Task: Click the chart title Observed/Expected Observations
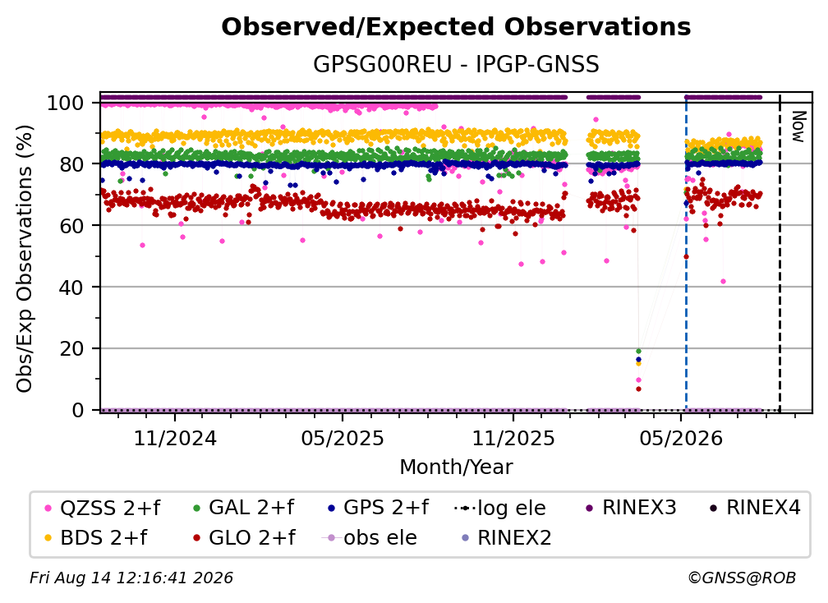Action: (456, 27)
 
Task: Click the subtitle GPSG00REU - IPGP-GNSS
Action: (456, 64)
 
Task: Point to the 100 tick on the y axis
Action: (66, 103)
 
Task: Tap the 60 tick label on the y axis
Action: (71, 226)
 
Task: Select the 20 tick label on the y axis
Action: (71, 349)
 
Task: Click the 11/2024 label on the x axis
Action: (175, 438)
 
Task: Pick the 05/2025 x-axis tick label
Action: (343, 438)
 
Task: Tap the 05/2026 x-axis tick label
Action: (681, 438)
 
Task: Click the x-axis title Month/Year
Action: (456, 467)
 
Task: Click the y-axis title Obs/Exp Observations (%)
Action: (25, 259)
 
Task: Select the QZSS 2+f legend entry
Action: (103, 508)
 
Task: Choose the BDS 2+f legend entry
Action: (95, 537)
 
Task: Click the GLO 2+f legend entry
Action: (245, 537)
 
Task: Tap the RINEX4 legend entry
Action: (755, 508)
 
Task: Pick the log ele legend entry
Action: (499, 508)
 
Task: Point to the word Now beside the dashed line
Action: (798, 127)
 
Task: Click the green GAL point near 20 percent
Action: (638, 351)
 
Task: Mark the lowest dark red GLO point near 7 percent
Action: (638, 389)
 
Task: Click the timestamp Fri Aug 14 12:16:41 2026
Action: (131, 578)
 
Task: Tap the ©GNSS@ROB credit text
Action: (742, 578)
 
